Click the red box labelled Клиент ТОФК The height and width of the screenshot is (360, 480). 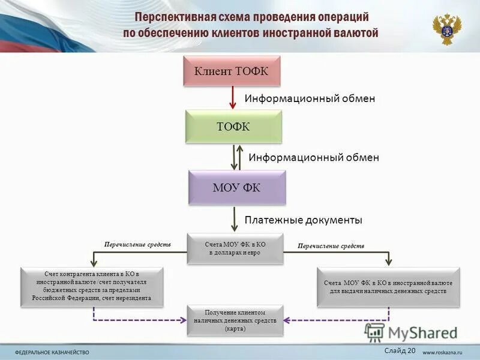tap(231, 71)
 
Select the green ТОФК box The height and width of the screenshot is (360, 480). tap(233, 126)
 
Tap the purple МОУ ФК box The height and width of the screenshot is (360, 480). tap(236, 187)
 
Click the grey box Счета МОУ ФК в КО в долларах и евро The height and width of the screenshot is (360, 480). tap(235, 248)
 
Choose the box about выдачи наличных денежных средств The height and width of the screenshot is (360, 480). tap(388, 287)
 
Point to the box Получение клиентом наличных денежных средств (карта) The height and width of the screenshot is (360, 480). tap(235, 320)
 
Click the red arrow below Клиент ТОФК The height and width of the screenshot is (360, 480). tap(233, 98)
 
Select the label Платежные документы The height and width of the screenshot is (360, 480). tap(303, 220)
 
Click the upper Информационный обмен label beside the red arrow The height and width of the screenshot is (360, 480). tap(309, 98)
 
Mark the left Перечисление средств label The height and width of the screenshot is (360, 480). tap(137, 245)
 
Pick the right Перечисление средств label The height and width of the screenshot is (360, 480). tap(331, 246)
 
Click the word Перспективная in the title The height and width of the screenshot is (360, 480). tap(173, 18)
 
